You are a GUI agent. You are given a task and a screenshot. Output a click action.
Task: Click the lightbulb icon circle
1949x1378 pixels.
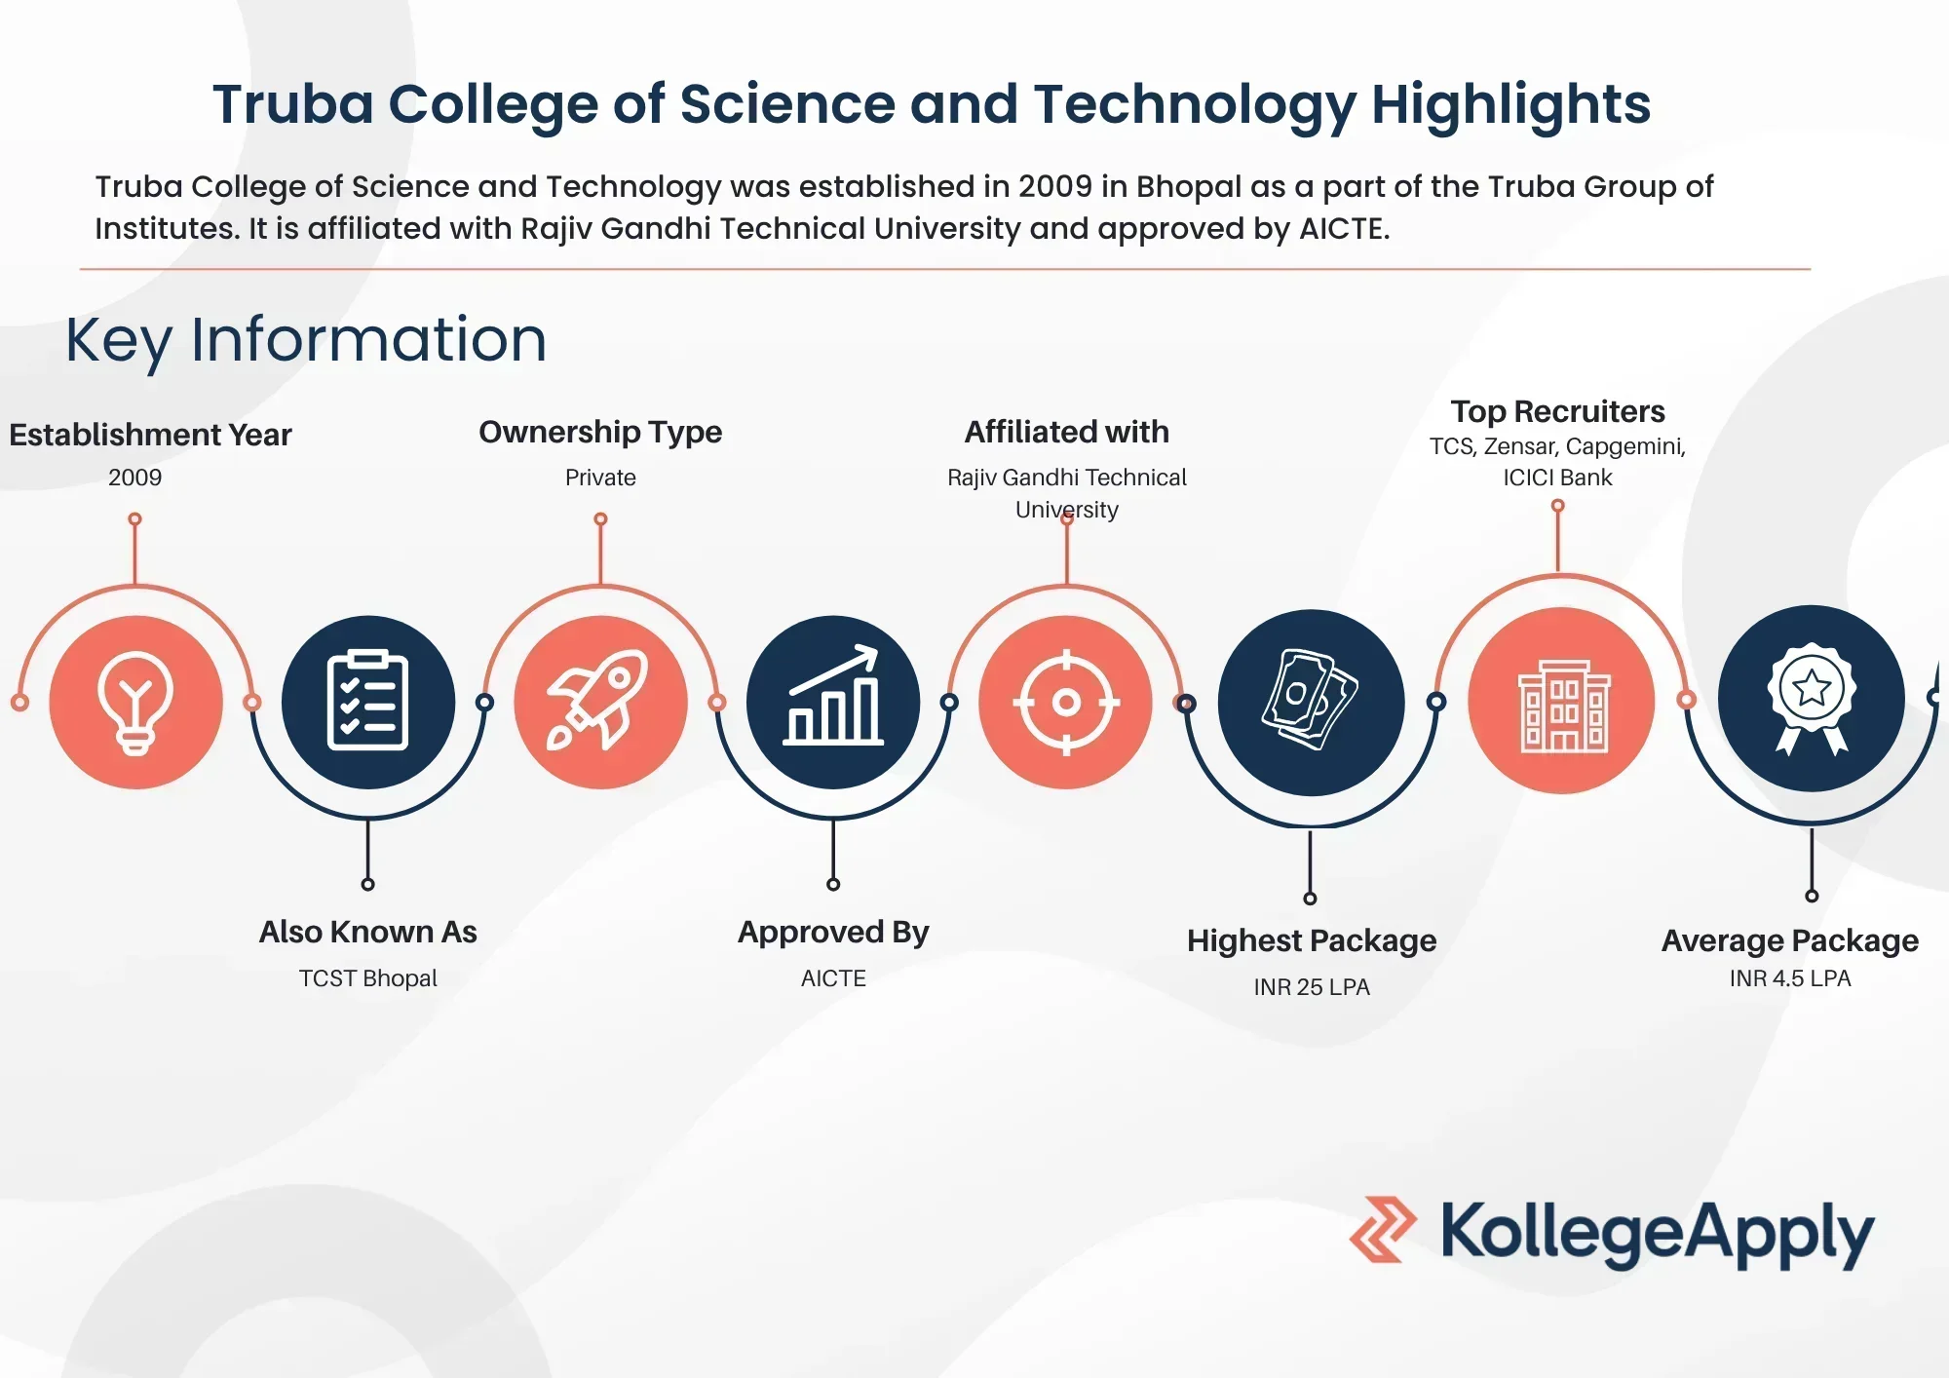point(135,702)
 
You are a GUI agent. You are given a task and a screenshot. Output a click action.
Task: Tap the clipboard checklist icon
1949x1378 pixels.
point(367,700)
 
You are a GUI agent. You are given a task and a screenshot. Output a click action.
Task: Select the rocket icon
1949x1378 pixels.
point(598,700)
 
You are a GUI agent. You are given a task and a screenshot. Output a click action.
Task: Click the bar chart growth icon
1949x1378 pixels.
point(833,696)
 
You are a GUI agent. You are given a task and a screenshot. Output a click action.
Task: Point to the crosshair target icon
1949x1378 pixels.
point(1066,702)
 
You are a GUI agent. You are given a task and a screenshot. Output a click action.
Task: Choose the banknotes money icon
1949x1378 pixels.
point(1310,699)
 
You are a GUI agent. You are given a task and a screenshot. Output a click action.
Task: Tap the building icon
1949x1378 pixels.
point(1563,706)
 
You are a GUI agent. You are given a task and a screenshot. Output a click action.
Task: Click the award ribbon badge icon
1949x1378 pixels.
point(1812,698)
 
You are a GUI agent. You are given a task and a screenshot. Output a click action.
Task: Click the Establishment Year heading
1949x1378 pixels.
point(150,435)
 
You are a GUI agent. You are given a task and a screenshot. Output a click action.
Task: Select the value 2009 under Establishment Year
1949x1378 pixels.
point(134,478)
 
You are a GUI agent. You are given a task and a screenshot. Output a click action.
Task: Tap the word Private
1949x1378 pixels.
point(600,478)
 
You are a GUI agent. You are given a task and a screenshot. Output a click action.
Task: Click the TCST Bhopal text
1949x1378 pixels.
point(367,978)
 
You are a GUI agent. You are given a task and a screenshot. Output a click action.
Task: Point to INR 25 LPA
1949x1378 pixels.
point(1312,987)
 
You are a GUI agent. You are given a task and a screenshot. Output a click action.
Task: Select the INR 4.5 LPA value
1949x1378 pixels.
point(1790,978)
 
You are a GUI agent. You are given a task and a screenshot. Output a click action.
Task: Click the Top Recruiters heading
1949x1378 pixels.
point(1557,411)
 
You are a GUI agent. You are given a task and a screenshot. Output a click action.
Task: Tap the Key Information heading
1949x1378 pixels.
point(306,340)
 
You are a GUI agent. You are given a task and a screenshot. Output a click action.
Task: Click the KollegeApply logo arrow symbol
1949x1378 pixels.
point(1383,1230)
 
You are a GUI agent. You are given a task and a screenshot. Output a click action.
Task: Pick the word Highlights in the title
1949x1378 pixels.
point(1511,105)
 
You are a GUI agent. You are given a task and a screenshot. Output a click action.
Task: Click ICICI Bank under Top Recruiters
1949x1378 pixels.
point(1557,478)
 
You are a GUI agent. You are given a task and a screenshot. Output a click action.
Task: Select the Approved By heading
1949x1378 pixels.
point(833,933)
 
